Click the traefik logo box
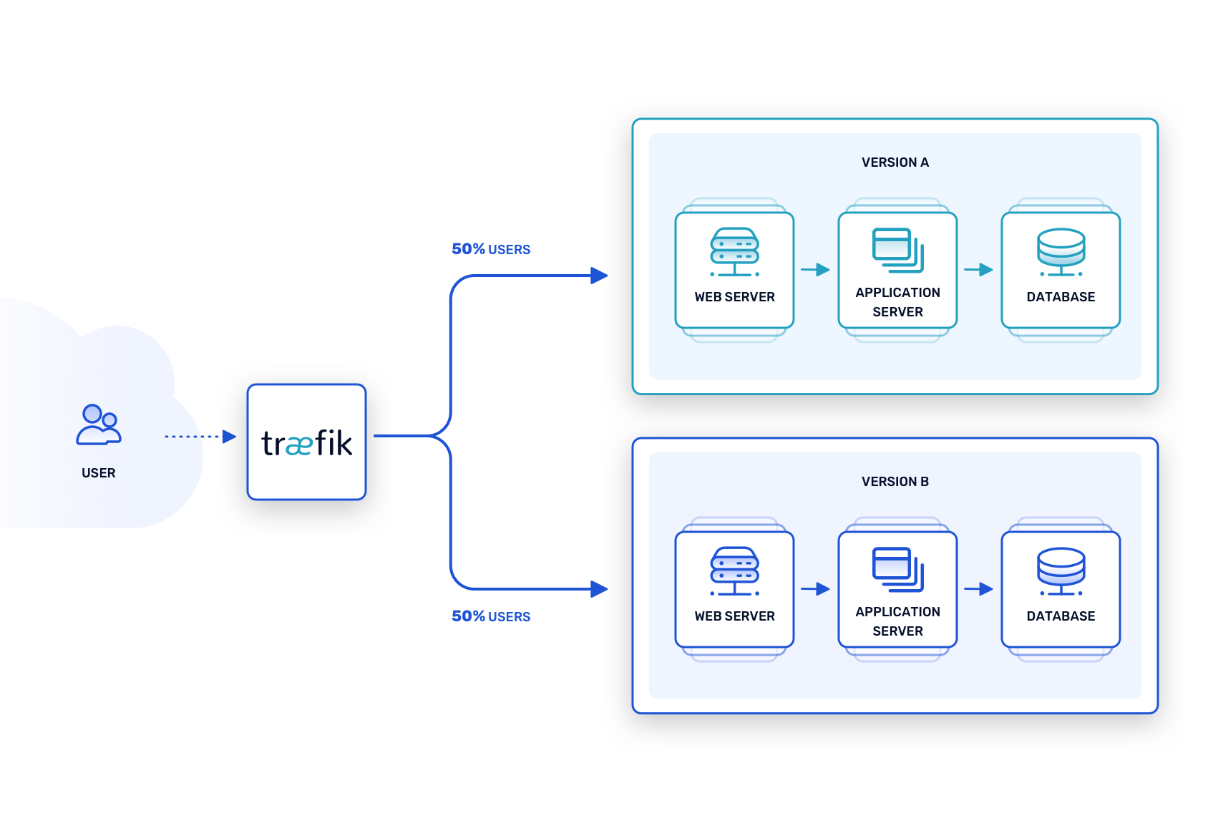pos(306,442)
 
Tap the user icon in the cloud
pos(99,424)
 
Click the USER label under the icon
pos(99,473)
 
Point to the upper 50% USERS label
pos(491,249)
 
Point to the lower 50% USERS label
pos(491,616)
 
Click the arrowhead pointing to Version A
pos(599,276)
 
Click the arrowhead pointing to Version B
pos(599,589)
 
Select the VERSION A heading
pos(895,162)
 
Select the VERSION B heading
pos(895,482)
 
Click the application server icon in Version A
pos(897,250)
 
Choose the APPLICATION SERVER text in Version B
pos(897,621)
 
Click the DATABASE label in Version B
pos(1061,616)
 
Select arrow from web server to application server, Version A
pos(815,270)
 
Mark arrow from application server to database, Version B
pos(978,589)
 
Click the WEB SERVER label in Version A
pos(734,297)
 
